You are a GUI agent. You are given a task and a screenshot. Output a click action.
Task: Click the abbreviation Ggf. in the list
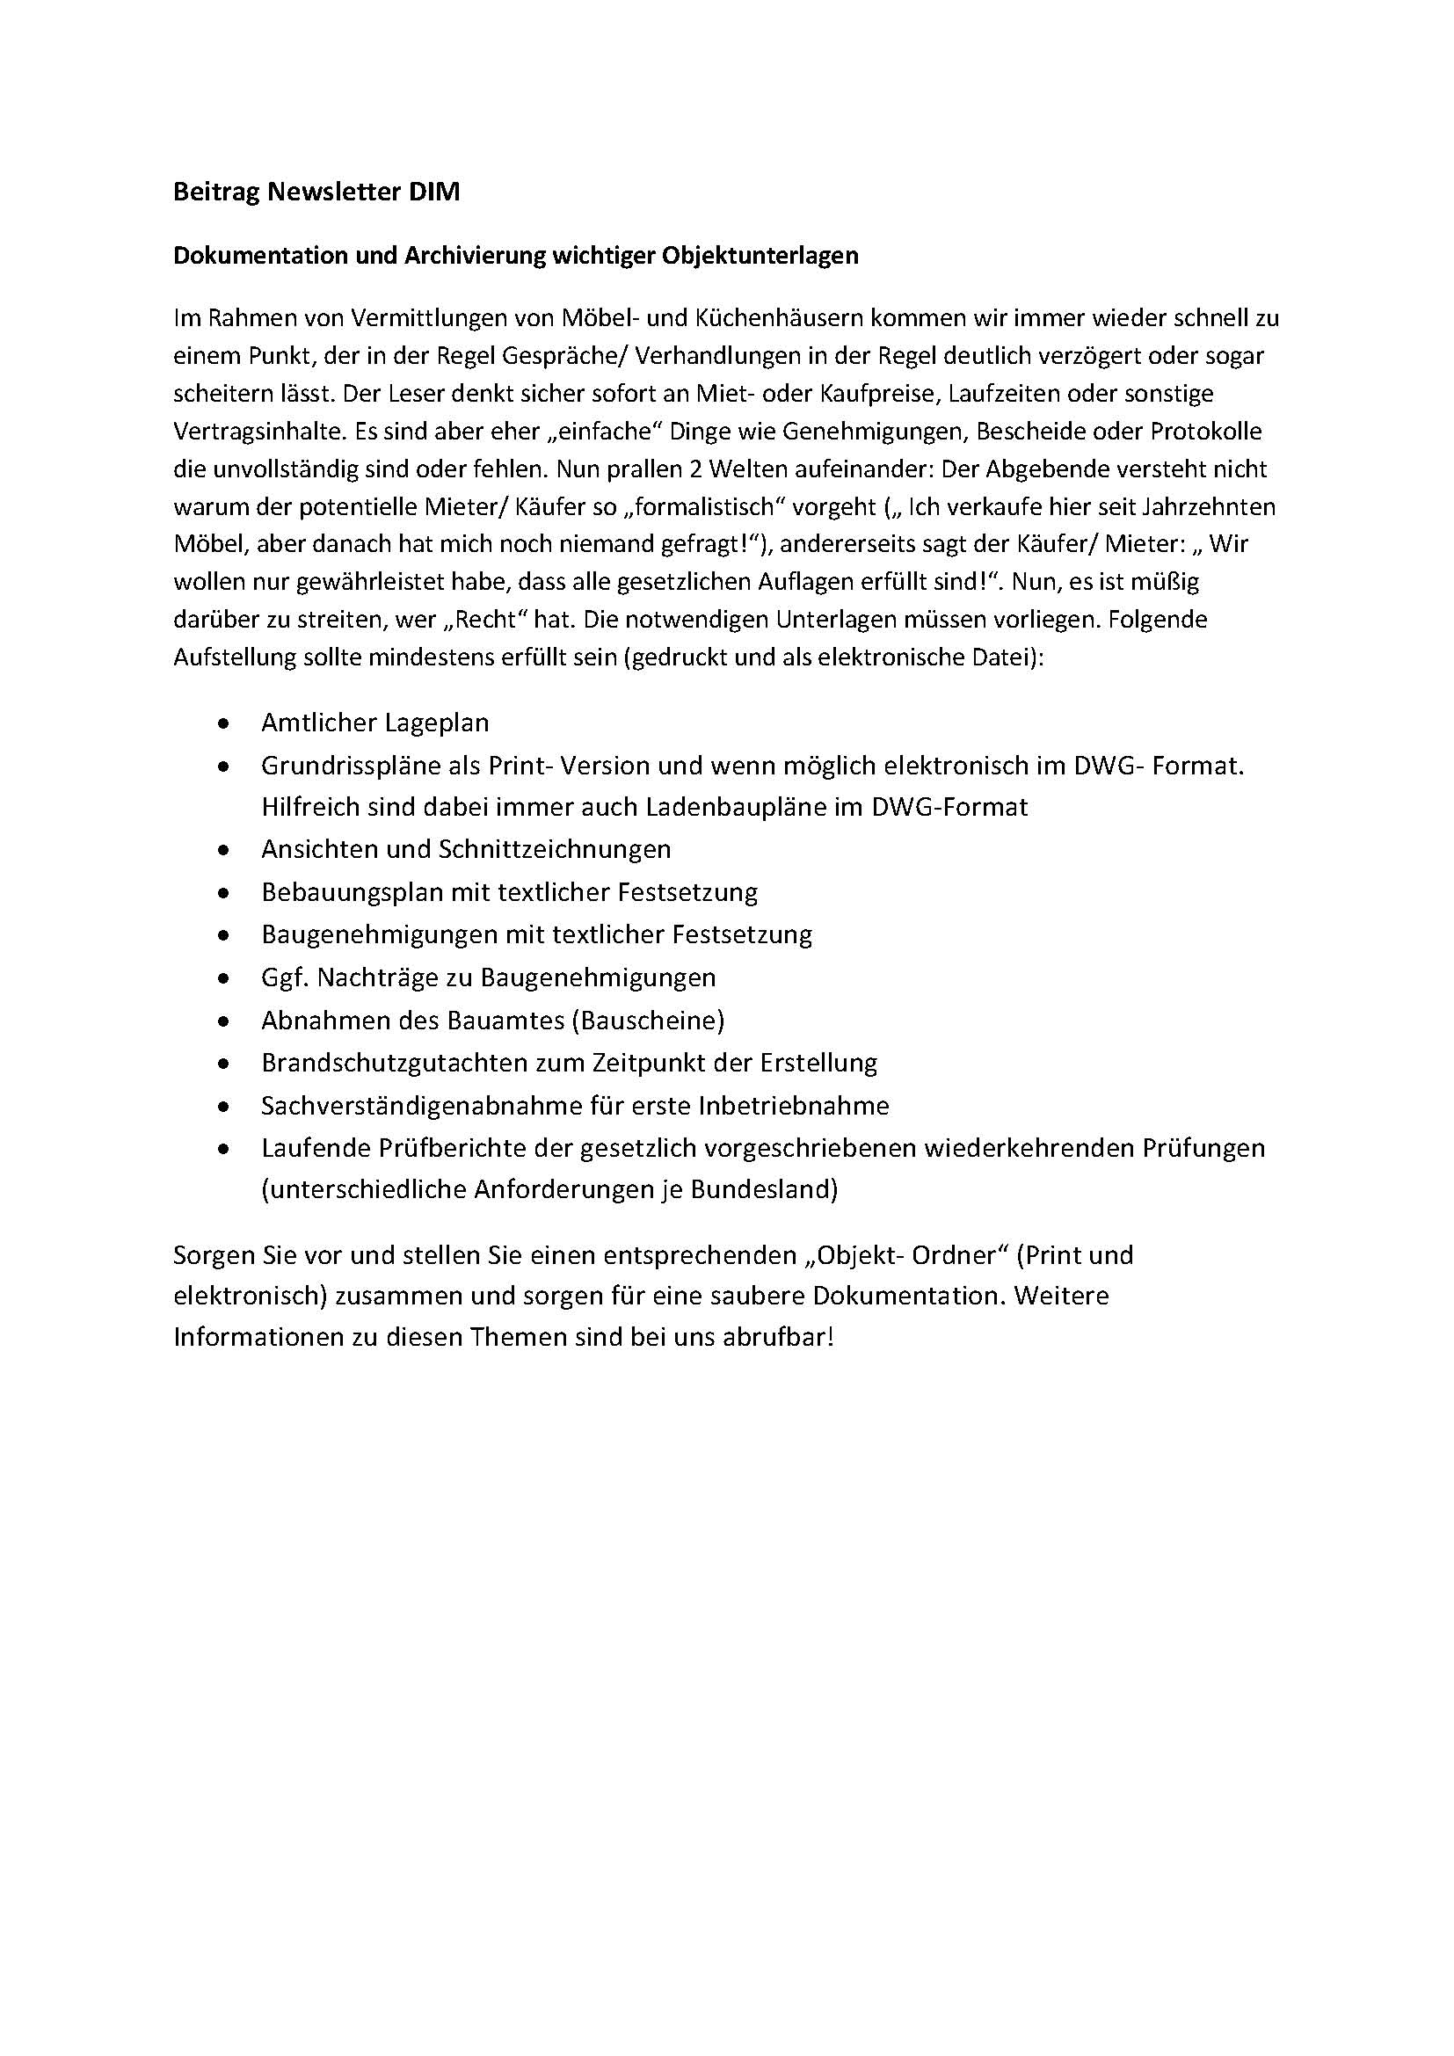284,977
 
